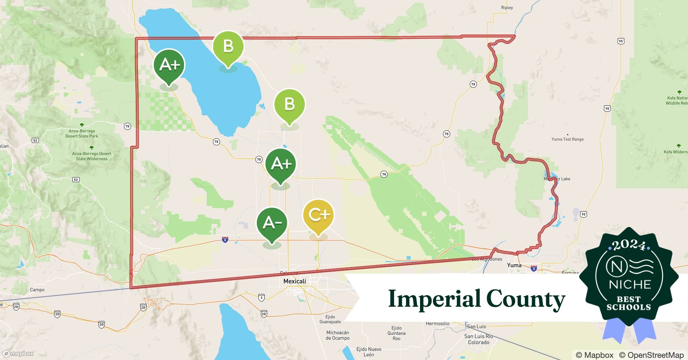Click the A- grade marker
tap(272, 224)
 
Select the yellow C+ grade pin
tap(318, 215)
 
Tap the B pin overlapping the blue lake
tap(228, 47)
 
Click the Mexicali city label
tap(295, 281)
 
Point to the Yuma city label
tap(514, 265)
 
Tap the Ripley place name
tap(507, 8)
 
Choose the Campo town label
tap(37, 290)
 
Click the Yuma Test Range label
tap(567, 139)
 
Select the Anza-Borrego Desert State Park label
tap(82, 134)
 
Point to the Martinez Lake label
tap(557, 179)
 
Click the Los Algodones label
tap(487, 259)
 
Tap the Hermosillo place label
tap(438, 324)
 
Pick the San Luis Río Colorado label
tap(478, 339)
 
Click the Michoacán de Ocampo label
tap(338, 335)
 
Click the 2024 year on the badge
tap(629, 245)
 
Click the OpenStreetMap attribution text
tap(651, 355)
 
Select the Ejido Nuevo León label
tap(368, 352)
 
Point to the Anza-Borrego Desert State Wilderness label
tap(91, 156)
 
